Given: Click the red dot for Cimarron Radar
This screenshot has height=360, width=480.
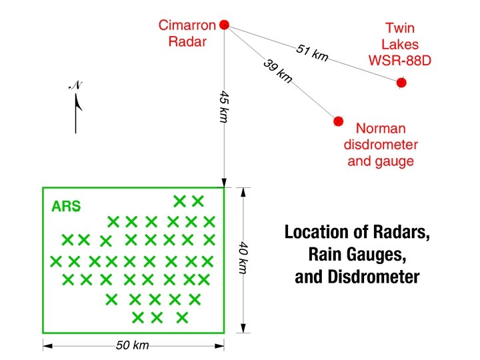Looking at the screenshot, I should [x=225, y=25].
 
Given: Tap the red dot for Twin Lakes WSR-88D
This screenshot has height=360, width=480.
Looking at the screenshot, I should [x=401, y=83].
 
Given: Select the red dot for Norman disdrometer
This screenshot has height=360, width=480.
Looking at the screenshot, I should [x=338, y=121].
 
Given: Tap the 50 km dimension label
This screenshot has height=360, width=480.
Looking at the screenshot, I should [x=133, y=345].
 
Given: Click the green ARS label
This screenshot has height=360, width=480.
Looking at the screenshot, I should [x=66, y=206].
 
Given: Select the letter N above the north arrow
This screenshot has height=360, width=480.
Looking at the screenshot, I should [x=75, y=85].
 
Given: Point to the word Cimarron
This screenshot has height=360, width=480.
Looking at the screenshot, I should [x=187, y=25].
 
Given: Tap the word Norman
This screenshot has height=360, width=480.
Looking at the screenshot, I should [x=381, y=128].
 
